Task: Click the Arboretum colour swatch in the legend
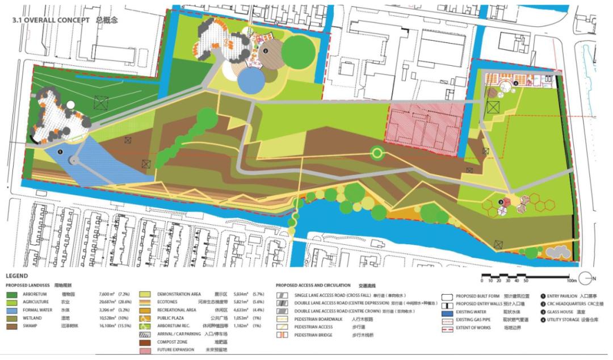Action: click(12, 295)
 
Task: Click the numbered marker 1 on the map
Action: click(60, 152)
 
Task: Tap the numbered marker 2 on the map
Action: click(265, 51)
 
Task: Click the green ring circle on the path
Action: click(376, 152)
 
